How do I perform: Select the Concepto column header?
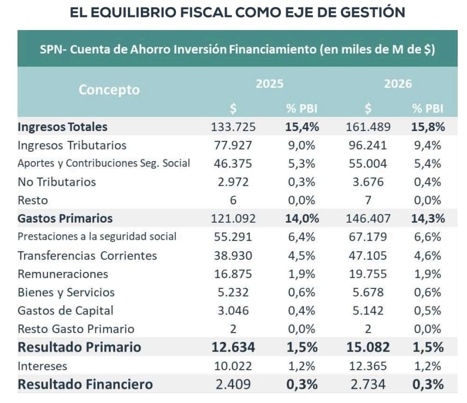[x=109, y=90]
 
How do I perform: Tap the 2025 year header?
[x=269, y=84]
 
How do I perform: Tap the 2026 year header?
[x=398, y=84]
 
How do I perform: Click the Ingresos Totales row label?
[x=63, y=127]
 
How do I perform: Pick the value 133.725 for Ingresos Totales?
[x=233, y=127]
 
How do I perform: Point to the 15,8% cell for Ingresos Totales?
[x=428, y=127]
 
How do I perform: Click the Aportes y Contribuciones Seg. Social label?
[x=104, y=163]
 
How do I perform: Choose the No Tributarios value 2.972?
[x=233, y=182]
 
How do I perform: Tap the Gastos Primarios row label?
[x=65, y=218]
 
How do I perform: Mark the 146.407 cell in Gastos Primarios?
[x=368, y=218]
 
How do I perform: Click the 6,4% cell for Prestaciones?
[x=302, y=237]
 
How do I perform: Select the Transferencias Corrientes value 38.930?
[x=233, y=256]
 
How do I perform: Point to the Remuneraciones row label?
[x=63, y=274]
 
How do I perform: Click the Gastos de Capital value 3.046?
[x=233, y=311]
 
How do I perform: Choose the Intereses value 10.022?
[x=233, y=366]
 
